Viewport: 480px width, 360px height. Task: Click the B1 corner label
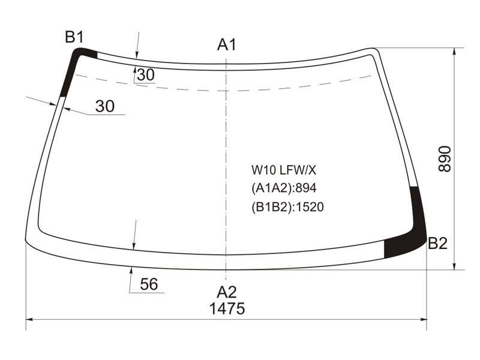click(74, 37)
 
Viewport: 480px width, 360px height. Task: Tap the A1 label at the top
click(227, 44)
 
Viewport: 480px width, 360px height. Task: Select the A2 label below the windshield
click(227, 292)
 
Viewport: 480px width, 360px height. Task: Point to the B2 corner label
click(437, 244)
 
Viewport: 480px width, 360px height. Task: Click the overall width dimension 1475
click(227, 308)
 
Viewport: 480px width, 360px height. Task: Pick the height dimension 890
click(445, 159)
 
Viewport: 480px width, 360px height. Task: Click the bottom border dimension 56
click(149, 284)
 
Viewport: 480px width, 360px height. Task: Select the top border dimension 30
click(146, 74)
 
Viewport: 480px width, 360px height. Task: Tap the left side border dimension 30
click(105, 106)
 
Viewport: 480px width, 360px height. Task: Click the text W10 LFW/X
click(283, 170)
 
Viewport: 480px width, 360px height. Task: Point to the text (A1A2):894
click(284, 188)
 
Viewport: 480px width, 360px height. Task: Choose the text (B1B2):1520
click(287, 207)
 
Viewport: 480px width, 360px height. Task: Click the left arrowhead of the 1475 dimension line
click(29, 320)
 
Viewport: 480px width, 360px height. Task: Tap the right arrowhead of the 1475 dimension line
click(424, 320)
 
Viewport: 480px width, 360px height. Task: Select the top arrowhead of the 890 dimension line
click(455, 52)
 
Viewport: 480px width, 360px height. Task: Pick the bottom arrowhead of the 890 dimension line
click(455, 266)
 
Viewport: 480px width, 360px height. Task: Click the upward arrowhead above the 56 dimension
click(131, 271)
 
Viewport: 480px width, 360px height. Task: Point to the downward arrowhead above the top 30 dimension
click(137, 55)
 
